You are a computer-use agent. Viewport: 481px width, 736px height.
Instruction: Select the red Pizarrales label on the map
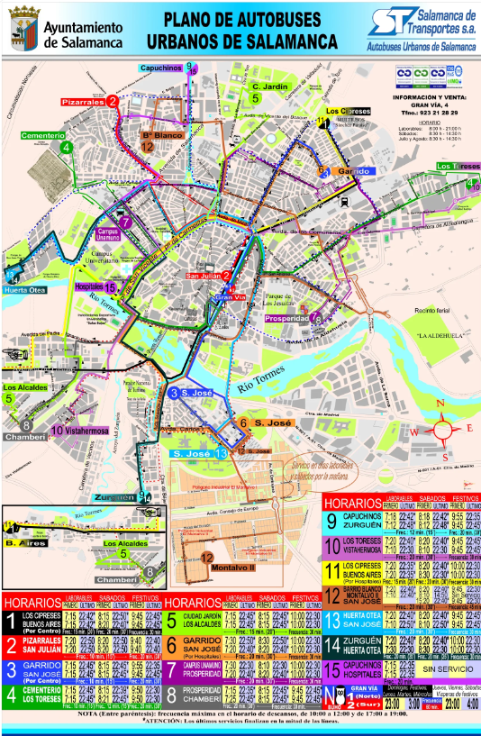(83, 103)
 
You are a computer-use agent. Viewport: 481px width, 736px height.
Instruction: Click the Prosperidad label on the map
(286, 317)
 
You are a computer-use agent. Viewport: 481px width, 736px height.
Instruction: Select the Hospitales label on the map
(94, 286)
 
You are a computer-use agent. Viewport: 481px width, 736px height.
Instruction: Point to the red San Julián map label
(204, 276)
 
